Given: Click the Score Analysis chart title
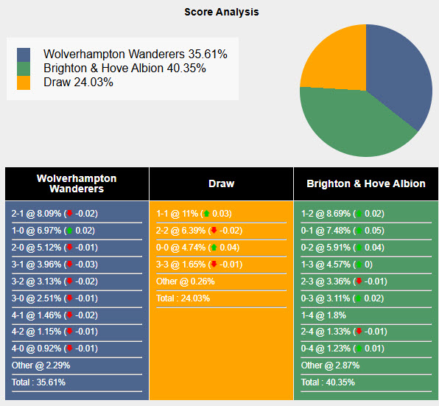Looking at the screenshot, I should pos(221,12).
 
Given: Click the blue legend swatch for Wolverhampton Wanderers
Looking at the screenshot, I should pos(24,55).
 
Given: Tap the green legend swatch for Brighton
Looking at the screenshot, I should pos(24,69).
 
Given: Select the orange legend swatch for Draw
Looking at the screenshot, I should pos(24,83).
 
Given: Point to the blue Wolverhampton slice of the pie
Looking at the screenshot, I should pos(401,81).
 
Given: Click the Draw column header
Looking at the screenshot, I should pos(221,183).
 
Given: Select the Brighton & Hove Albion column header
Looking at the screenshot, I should pos(365,183).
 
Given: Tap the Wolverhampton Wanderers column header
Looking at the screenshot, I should pos(77,183).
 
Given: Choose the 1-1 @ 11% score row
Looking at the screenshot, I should pos(194,214).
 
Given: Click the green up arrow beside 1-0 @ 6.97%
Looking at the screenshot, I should pos(69,231).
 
